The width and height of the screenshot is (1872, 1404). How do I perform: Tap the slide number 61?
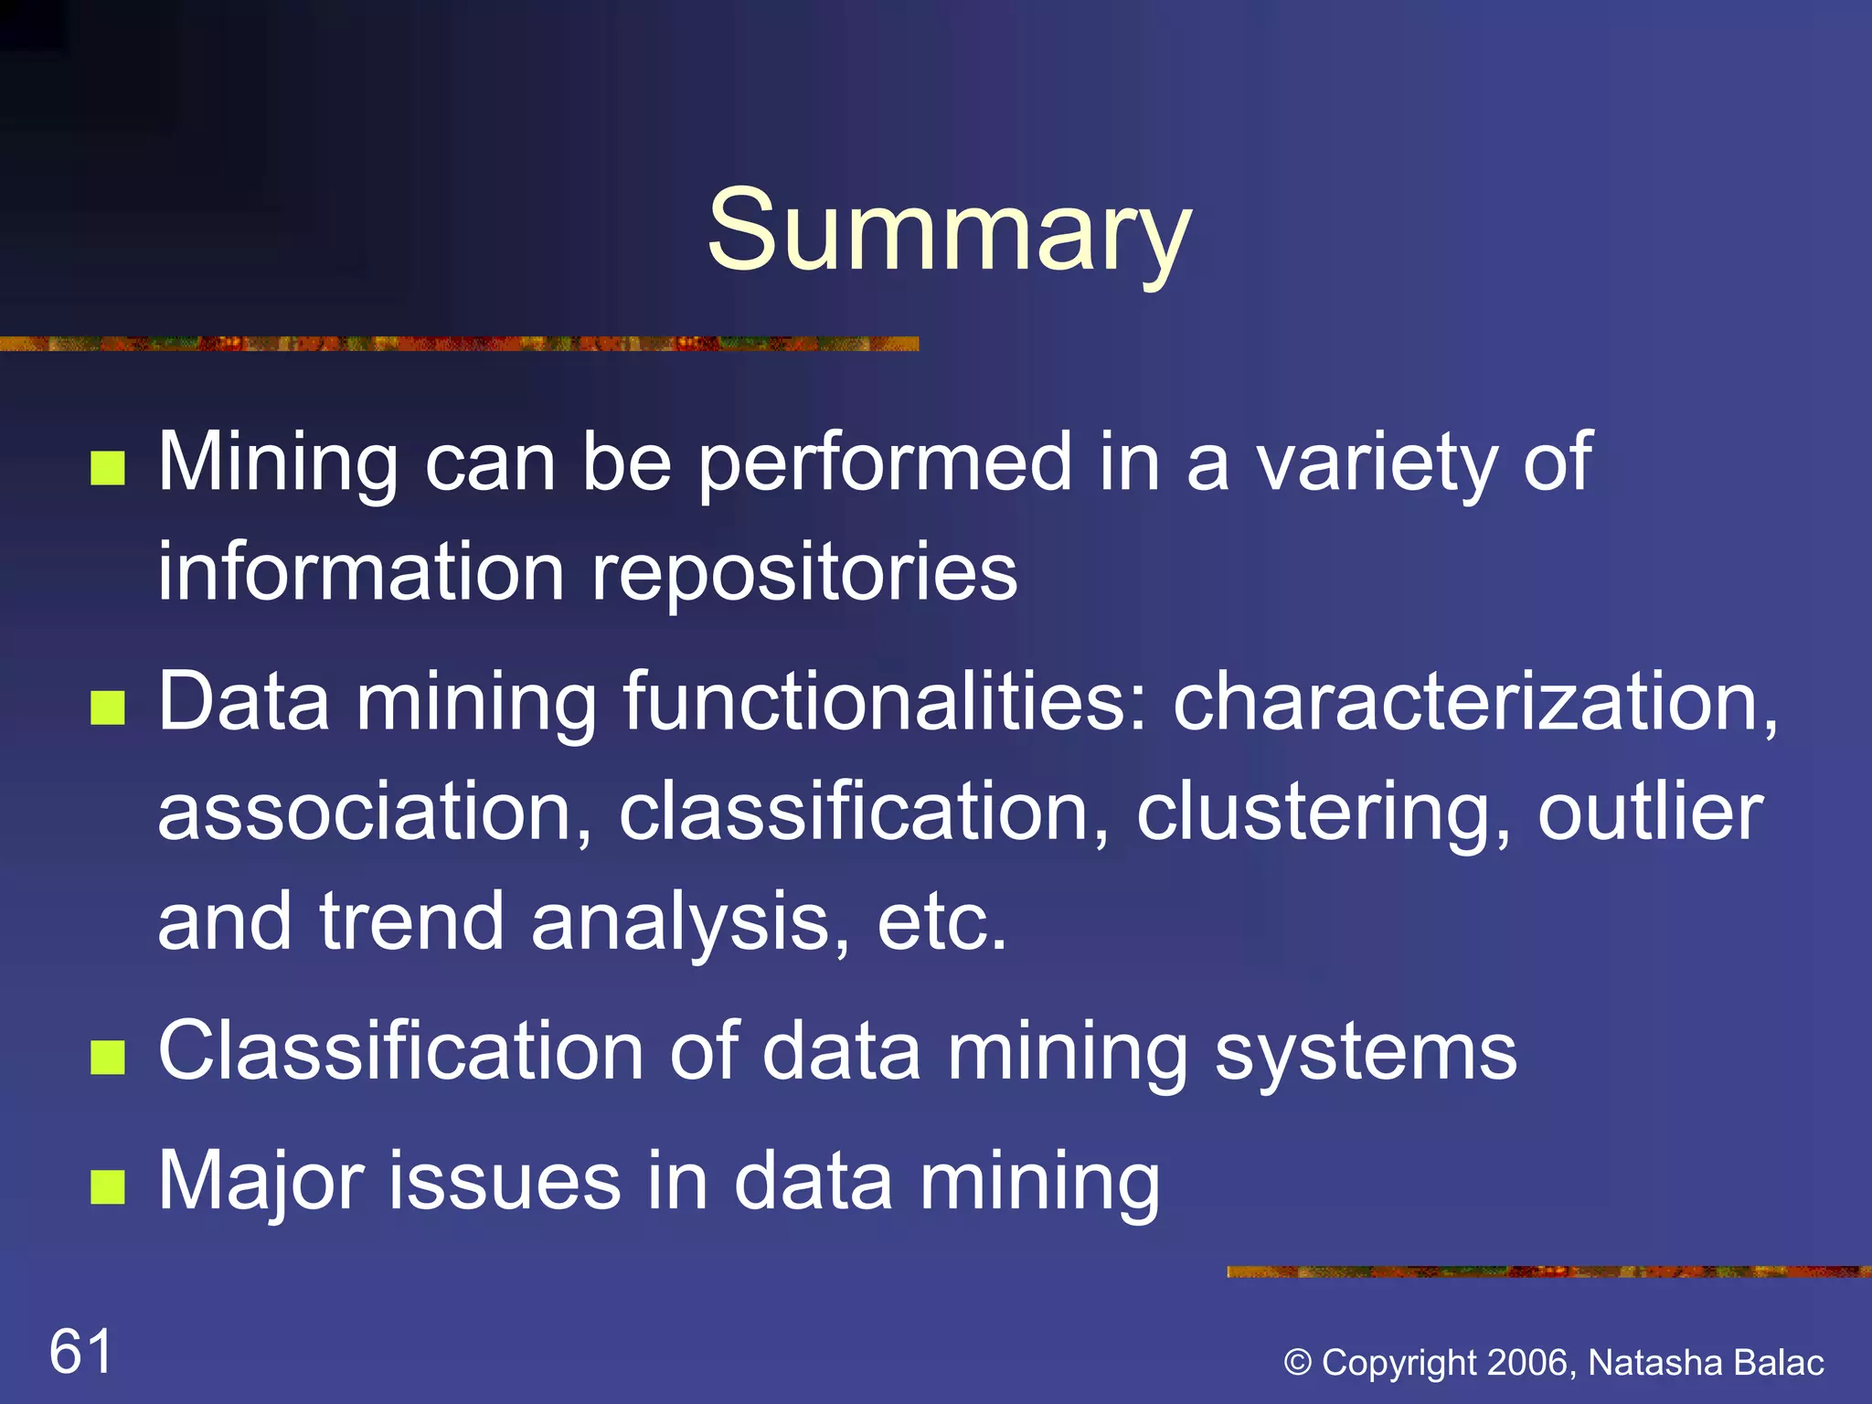(x=80, y=1351)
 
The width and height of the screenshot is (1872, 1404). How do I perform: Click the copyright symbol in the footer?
(x=1298, y=1363)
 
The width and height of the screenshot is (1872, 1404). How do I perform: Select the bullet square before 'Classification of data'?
(x=108, y=1058)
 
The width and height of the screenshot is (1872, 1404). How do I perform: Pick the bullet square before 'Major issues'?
(x=108, y=1187)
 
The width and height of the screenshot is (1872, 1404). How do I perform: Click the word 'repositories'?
(x=804, y=574)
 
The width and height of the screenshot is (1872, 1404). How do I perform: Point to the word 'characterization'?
(x=1473, y=702)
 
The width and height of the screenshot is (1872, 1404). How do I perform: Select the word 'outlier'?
(x=1650, y=812)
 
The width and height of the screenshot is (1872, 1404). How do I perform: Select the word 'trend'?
(x=411, y=921)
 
